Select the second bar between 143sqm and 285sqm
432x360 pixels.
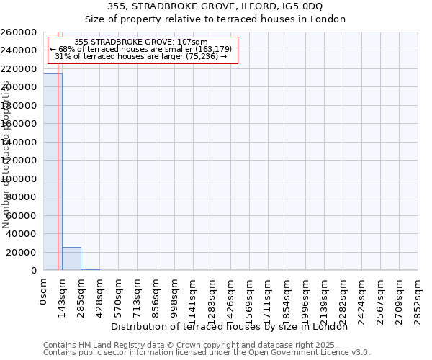pyautogui.click(x=71, y=258)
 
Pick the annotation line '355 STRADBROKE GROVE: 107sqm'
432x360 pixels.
pyautogui.click(x=141, y=42)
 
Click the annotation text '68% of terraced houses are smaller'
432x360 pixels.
pyautogui.click(x=141, y=49)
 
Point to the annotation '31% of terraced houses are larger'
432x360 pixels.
pyautogui.click(x=141, y=56)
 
